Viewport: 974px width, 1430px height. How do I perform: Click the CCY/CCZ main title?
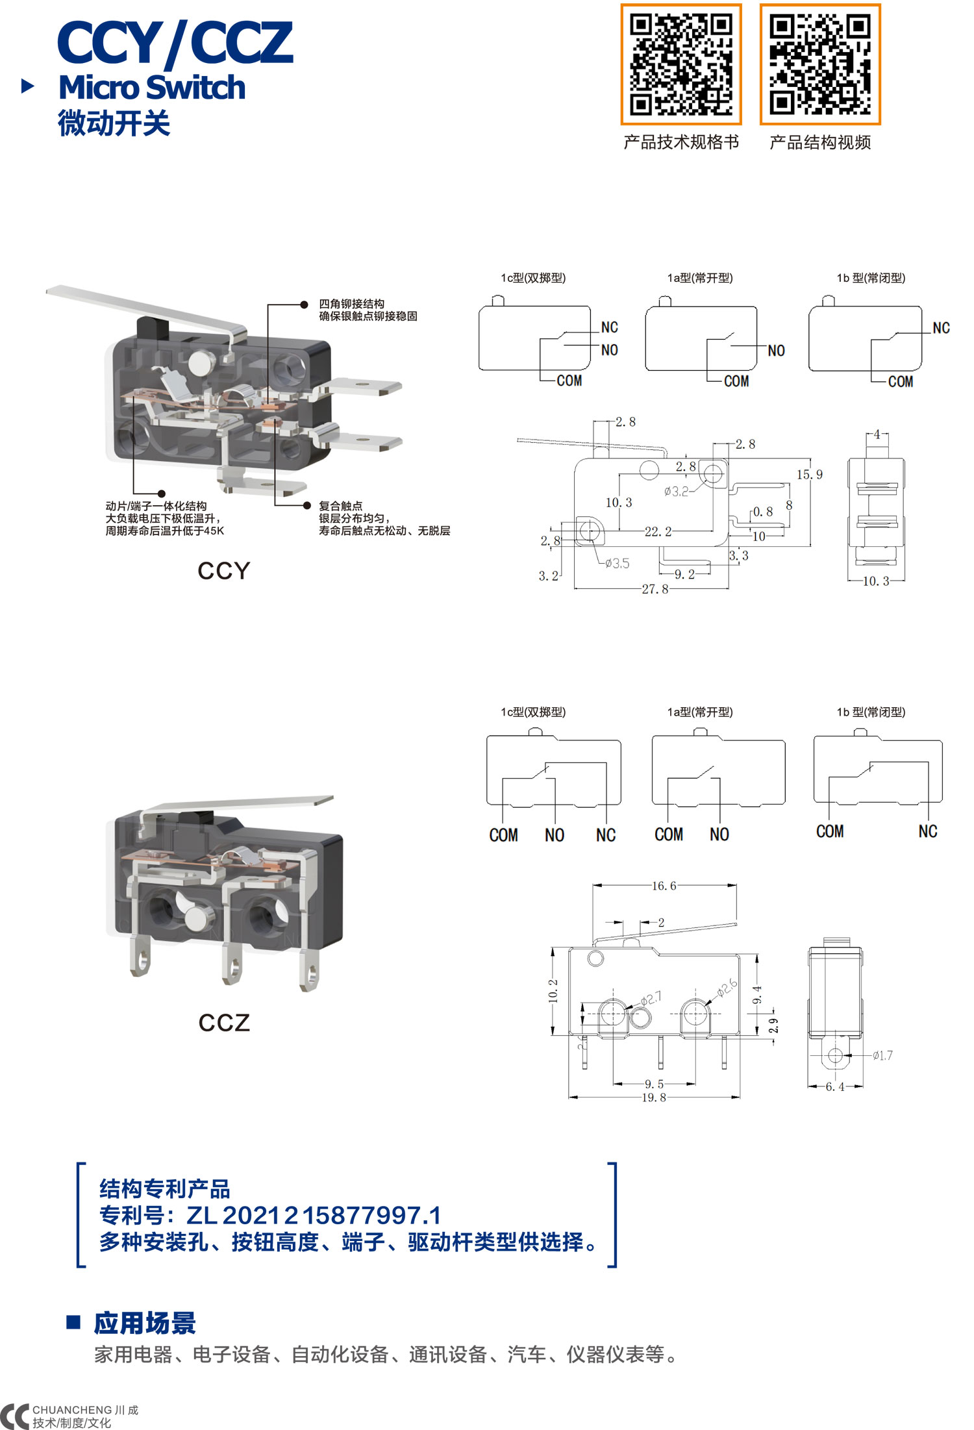(x=175, y=43)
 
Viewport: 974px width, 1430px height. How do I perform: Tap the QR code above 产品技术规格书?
(x=681, y=64)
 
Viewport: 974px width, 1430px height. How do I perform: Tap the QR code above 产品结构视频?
(x=820, y=64)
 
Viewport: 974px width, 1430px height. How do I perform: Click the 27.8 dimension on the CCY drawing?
(x=655, y=589)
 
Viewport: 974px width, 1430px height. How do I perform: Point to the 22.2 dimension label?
(x=658, y=531)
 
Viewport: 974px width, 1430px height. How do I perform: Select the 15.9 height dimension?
(x=809, y=475)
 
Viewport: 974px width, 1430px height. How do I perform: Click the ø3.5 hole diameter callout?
(x=617, y=563)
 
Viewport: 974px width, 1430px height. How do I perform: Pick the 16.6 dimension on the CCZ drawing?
(x=664, y=886)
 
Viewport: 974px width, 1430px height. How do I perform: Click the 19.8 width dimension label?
(x=653, y=1098)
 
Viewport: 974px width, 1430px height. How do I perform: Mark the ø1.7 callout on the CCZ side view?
(x=882, y=1055)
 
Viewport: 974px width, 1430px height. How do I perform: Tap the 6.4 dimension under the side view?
(x=834, y=1086)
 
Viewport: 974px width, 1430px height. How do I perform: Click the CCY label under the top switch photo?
(x=223, y=571)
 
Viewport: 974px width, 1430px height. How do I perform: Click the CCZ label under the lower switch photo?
(x=224, y=1023)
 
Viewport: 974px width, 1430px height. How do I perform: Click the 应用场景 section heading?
(x=144, y=1323)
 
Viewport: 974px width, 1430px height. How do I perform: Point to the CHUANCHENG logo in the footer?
(x=68, y=1416)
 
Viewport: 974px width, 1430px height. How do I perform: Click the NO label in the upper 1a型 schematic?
(x=776, y=351)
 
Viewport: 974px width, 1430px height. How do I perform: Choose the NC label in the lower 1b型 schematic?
(x=928, y=831)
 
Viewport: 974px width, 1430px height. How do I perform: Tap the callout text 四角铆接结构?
(x=351, y=304)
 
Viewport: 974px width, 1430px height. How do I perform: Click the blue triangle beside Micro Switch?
(x=28, y=86)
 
